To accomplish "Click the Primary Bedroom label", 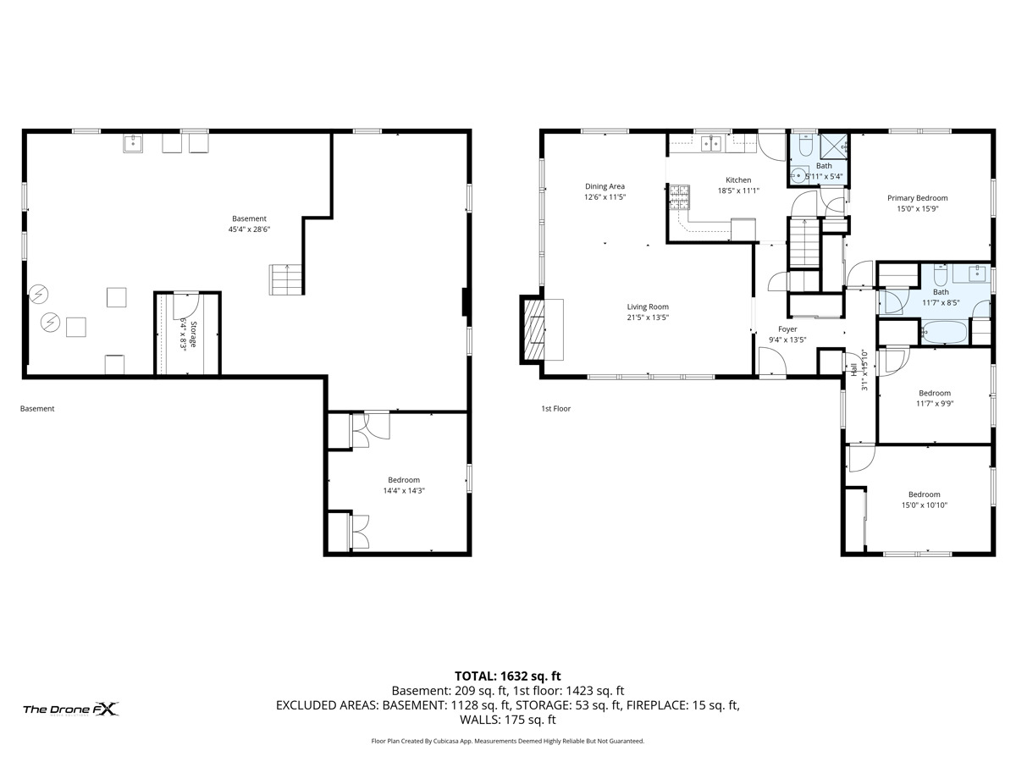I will click(x=917, y=197).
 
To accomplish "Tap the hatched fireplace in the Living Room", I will click(x=536, y=329).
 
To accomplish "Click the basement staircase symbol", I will click(x=284, y=279).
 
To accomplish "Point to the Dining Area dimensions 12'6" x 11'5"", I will click(x=605, y=197).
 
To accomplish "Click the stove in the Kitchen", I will click(x=680, y=200).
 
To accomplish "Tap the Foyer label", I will click(x=787, y=329).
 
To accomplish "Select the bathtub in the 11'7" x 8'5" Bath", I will click(x=941, y=332).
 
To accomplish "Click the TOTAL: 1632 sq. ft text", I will click(x=508, y=676).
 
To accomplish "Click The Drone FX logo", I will click(x=71, y=709).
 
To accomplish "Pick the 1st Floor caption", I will click(x=556, y=409).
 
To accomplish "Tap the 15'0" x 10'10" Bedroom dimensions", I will click(x=924, y=505).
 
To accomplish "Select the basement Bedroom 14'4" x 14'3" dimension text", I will click(x=403, y=490).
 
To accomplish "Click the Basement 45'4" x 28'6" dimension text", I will click(x=249, y=229).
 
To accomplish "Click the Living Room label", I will click(x=648, y=307).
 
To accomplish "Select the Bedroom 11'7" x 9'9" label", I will click(x=935, y=393).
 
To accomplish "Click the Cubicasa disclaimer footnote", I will click(x=508, y=741).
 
